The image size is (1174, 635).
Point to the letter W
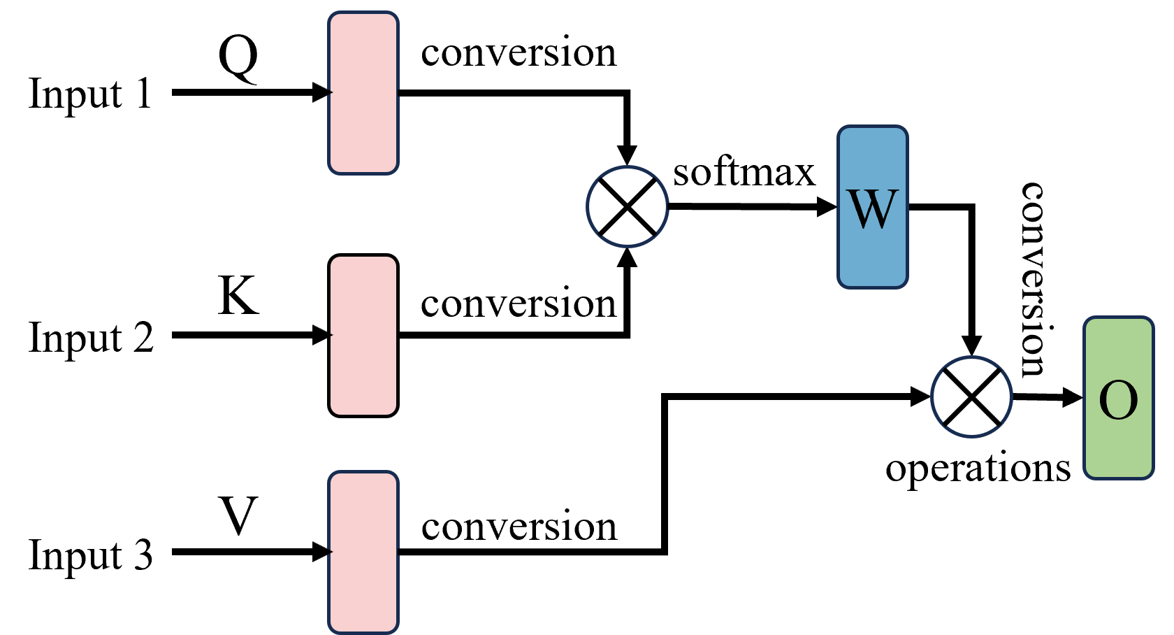click(872, 209)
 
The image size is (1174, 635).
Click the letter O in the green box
click(1118, 401)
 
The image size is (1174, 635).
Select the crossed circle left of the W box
click(628, 206)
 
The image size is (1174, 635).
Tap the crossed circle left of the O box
click(971, 397)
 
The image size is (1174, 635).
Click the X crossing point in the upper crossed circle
click(628, 206)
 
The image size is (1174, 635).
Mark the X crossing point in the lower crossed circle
click(971, 397)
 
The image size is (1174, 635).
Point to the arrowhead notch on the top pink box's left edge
click(331, 92)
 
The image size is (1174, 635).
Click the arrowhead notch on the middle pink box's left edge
click(331, 336)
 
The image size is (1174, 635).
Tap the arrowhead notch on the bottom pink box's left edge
click(331, 552)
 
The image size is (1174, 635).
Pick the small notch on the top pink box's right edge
click(397, 92)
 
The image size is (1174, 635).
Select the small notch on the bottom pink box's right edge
click(397, 552)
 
